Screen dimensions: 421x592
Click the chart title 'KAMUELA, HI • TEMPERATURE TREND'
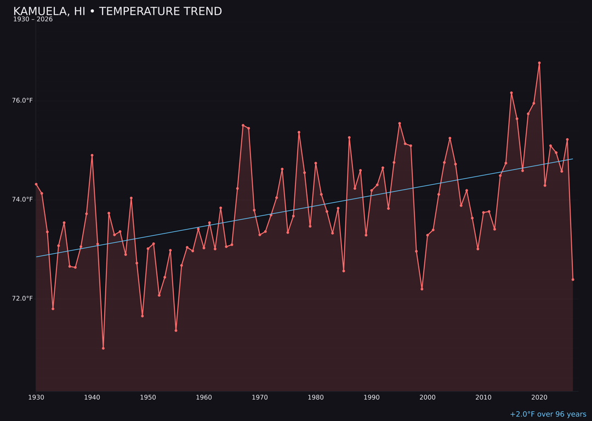coord(117,12)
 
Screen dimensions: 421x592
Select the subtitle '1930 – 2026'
coord(33,20)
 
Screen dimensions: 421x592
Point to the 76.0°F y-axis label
coord(22,100)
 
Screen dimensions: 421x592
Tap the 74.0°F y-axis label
coord(22,200)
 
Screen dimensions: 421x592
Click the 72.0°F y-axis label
coord(22,298)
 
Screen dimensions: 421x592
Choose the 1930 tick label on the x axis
coord(36,397)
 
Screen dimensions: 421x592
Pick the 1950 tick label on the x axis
coord(148,397)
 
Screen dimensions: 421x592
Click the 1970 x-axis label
coord(260,397)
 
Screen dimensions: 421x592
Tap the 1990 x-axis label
coord(372,397)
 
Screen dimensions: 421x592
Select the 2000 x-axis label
coord(428,397)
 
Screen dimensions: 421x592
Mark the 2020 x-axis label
coord(539,397)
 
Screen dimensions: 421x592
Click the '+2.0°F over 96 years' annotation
coord(548,414)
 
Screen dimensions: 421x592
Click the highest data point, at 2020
coord(539,63)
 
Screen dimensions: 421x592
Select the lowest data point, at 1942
coord(103,348)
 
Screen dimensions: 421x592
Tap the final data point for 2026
coord(573,280)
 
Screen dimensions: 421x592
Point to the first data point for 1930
coord(36,184)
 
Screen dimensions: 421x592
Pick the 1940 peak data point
coord(92,155)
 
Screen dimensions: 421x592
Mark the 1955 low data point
coord(176,331)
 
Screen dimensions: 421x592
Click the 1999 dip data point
coord(422,289)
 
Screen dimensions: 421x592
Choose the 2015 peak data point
coord(511,93)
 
